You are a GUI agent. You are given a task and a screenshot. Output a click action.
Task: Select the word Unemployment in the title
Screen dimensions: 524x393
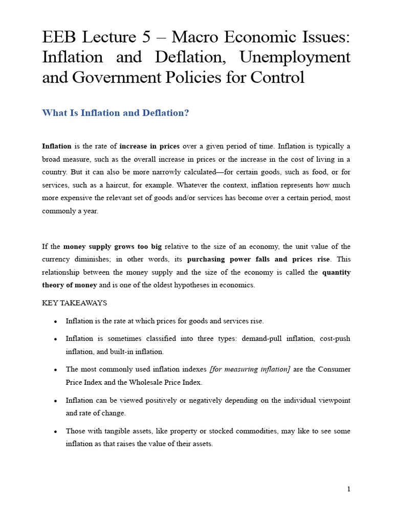click(299, 57)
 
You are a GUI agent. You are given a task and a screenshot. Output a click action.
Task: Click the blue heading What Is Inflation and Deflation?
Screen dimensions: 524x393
click(115, 113)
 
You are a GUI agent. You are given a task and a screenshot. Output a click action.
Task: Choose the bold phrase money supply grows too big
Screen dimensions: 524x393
click(112, 246)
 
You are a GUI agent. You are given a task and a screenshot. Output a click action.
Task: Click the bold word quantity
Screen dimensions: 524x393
click(336, 272)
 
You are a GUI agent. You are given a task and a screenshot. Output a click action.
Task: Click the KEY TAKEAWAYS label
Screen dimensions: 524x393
click(74, 303)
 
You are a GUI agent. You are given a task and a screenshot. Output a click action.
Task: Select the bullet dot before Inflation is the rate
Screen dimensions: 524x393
click(55, 321)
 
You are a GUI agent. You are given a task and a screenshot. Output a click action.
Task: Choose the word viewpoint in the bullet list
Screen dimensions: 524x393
click(335, 400)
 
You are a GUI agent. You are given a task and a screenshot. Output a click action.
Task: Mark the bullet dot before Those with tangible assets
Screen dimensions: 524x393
click(55, 431)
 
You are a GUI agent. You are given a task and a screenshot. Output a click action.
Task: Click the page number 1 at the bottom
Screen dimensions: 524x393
click(348, 489)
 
